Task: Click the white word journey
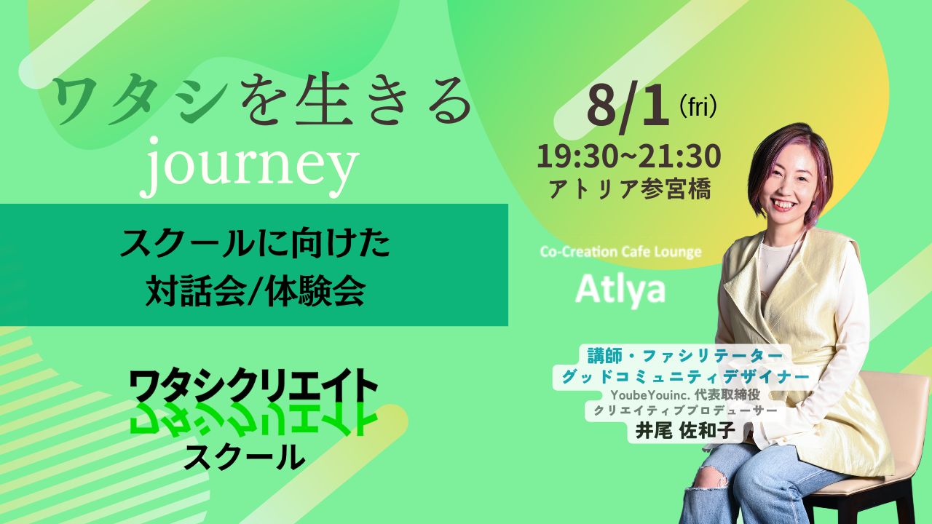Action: click(249, 167)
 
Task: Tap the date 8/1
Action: click(628, 107)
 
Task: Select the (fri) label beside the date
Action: click(698, 107)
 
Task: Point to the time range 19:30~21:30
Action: click(628, 156)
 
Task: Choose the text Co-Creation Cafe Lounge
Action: click(620, 252)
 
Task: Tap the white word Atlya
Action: click(620, 290)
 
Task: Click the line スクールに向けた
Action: click(255, 245)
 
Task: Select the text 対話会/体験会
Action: click(256, 292)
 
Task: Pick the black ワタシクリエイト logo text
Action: click(253, 385)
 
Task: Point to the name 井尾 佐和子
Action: click(684, 431)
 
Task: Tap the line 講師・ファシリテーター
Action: click(685, 356)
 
